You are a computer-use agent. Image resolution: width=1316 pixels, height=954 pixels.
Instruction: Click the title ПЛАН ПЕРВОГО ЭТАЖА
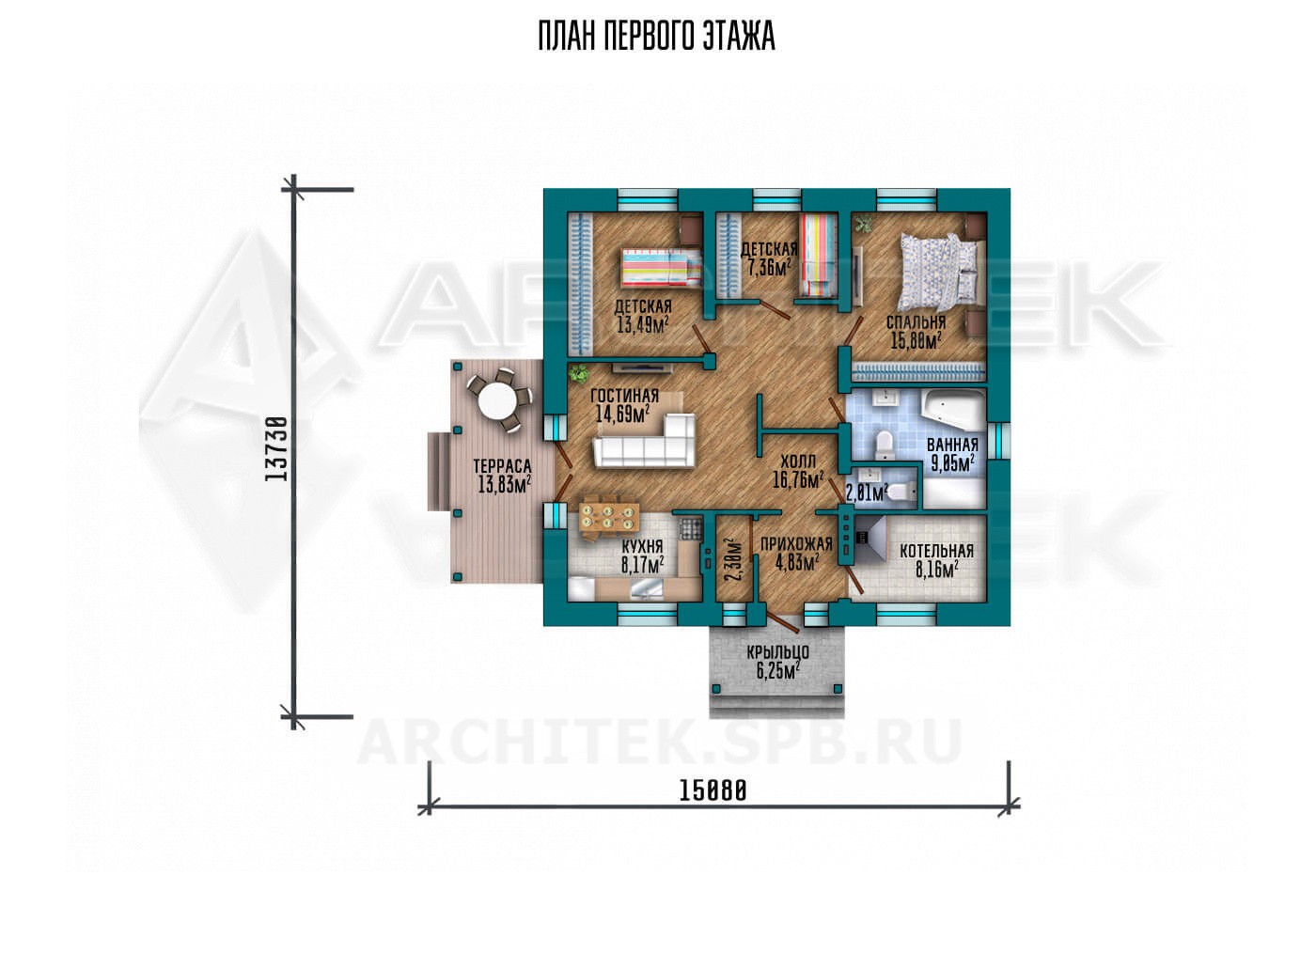pyautogui.click(x=657, y=37)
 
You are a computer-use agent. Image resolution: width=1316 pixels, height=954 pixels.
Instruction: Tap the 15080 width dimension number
pyautogui.click(x=713, y=790)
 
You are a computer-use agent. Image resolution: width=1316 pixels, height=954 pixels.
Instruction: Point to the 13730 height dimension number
pyautogui.click(x=275, y=449)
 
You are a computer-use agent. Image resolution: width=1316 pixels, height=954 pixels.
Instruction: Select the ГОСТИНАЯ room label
pyautogui.click(x=624, y=396)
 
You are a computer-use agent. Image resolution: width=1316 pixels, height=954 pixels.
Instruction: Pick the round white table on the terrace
pyautogui.click(x=496, y=401)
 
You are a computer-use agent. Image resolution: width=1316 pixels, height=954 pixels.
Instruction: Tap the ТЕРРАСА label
pyautogui.click(x=502, y=466)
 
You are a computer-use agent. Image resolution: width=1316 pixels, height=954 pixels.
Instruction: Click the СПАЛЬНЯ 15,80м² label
pyautogui.click(x=916, y=332)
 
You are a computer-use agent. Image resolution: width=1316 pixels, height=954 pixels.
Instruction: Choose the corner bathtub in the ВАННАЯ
pyautogui.click(x=953, y=410)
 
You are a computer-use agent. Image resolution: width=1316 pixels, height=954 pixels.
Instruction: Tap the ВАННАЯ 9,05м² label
pyautogui.click(x=952, y=454)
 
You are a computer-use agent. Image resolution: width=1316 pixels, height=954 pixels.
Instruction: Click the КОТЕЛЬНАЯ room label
pyautogui.click(x=936, y=551)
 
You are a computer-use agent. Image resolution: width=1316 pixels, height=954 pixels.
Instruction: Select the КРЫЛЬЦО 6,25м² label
pyautogui.click(x=778, y=662)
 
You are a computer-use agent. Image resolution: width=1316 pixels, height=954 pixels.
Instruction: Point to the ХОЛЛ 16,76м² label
pyautogui.click(x=797, y=472)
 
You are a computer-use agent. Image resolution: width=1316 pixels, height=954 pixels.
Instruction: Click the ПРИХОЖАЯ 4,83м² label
pyautogui.click(x=797, y=554)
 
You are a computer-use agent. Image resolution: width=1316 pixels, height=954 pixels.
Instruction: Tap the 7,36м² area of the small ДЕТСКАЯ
pyautogui.click(x=768, y=269)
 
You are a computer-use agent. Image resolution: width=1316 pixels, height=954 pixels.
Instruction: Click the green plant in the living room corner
pyautogui.click(x=579, y=372)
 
